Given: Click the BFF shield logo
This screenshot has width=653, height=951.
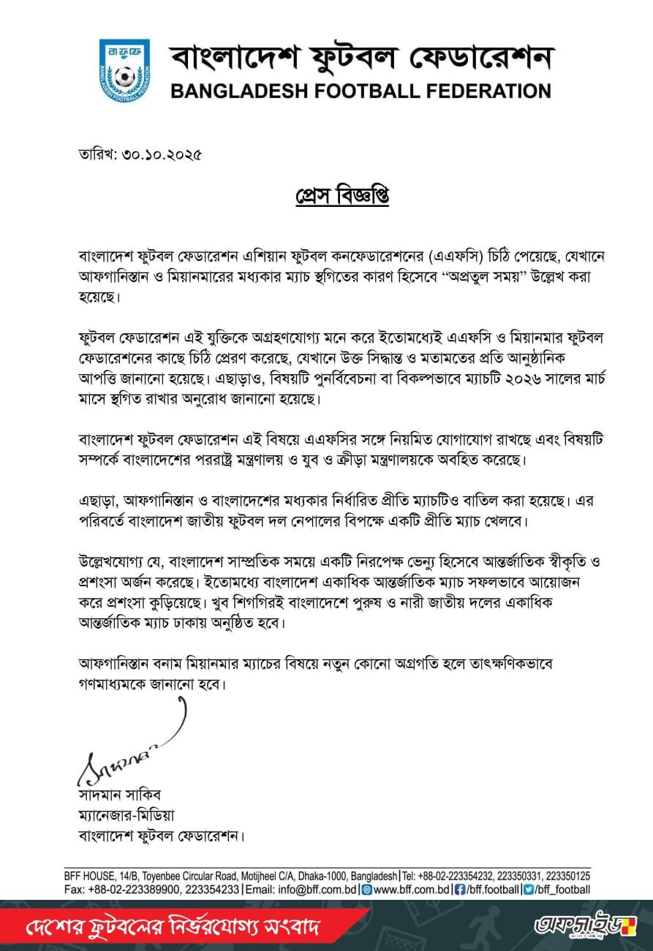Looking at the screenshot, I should point(124,69).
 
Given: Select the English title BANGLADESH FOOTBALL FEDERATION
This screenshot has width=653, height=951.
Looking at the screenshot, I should point(361,91).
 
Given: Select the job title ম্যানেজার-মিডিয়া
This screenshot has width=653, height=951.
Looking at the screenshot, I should point(127,815).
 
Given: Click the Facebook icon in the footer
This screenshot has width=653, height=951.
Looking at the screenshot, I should point(460,890).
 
